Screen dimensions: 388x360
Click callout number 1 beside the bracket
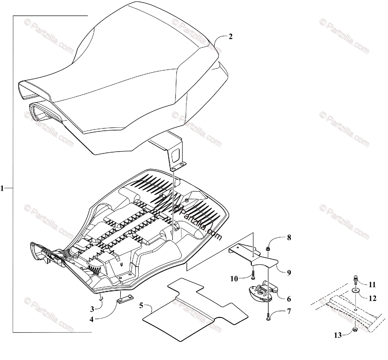click(3, 188)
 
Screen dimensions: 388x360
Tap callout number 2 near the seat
click(230, 37)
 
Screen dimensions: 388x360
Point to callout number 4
click(92, 319)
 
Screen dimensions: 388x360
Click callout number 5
click(141, 305)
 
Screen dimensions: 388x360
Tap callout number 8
click(289, 238)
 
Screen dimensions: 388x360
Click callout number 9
click(289, 273)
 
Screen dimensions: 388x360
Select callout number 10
click(234, 278)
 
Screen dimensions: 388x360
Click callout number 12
click(372, 298)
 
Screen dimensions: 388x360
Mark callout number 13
click(338, 336)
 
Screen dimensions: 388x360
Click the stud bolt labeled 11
click(355, 279)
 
